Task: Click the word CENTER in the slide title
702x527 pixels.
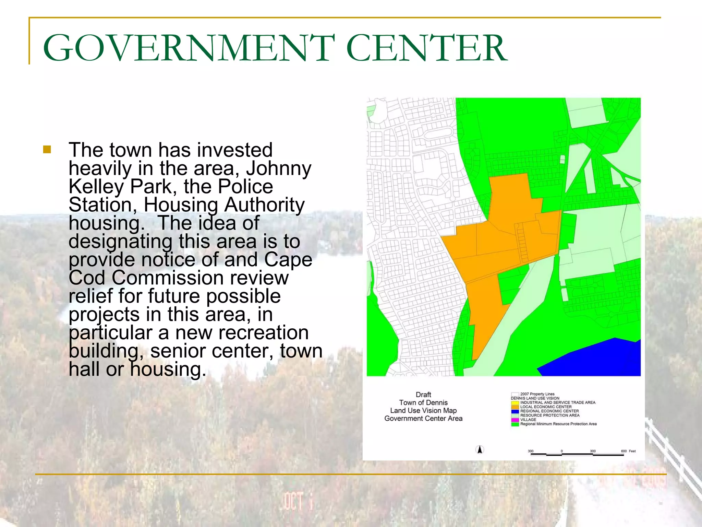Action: click(427, 48)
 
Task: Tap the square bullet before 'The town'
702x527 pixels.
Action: click(47, 150)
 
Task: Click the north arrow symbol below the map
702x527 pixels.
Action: click(480, 449)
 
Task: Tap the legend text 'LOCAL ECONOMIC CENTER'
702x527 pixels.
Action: click(546, 407)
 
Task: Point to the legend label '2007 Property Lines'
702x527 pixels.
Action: click(537, 394)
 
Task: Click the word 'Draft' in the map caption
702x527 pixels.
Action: click(423, 395)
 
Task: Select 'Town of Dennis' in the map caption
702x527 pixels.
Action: click(423, 403)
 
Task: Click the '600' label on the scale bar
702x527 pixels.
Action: click(624, 451)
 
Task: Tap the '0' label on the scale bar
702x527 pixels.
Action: click(562, 451)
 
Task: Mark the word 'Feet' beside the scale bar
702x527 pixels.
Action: click(632, 451)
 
